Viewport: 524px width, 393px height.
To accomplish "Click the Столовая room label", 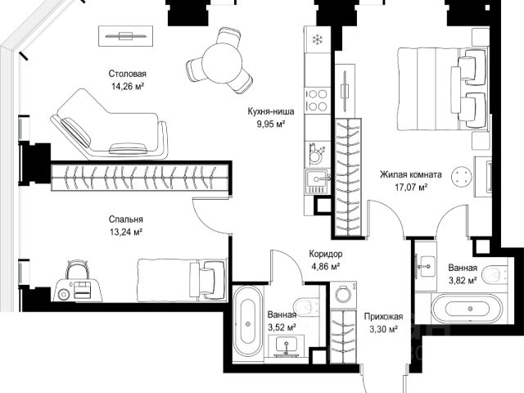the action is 128,74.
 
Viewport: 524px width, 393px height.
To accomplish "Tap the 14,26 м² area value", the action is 128,87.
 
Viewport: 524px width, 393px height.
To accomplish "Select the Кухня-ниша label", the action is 271,111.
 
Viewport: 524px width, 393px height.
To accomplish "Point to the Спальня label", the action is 125,219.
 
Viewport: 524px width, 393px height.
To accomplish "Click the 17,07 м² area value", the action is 411,187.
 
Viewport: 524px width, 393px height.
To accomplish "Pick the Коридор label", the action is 326,254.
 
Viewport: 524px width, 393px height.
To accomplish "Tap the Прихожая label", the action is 384,317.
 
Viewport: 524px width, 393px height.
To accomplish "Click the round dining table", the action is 222,63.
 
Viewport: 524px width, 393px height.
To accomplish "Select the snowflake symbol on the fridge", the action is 316,40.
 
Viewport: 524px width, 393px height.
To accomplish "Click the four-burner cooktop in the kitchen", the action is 317,100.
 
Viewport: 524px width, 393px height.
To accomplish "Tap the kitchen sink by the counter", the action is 318,182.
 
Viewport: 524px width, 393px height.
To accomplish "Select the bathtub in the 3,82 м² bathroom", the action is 467,309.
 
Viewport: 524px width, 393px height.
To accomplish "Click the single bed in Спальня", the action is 182,280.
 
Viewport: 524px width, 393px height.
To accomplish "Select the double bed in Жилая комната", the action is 441,88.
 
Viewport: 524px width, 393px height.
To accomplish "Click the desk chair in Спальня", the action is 77,269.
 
